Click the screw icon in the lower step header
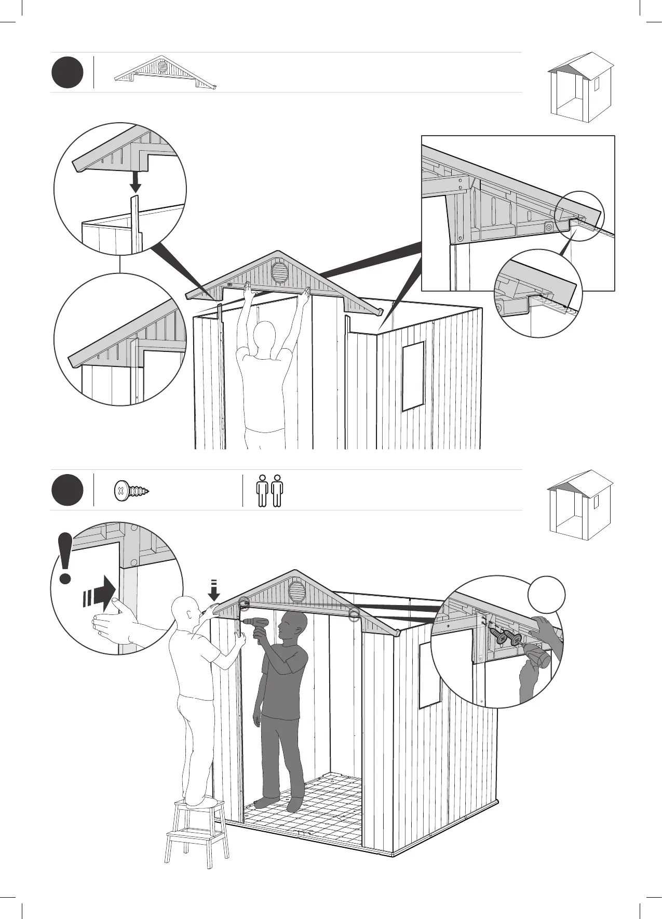click(131, 490)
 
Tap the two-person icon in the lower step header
click(270, 490)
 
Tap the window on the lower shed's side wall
click(429, 675)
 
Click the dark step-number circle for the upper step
click(67, 73)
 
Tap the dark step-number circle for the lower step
click(67, 490)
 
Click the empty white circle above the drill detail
click(547, 594)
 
